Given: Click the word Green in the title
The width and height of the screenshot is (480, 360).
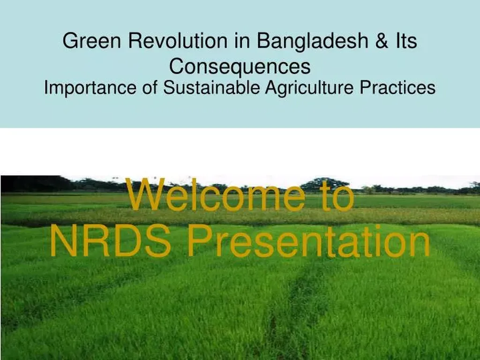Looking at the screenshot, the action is click(x=91, y=41).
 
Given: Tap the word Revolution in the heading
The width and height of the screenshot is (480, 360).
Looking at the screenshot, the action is click(x=178, y=41).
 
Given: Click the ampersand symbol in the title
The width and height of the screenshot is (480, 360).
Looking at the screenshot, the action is click(x=382, y=41).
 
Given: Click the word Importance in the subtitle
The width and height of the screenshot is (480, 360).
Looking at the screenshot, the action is click(x=90, y=88).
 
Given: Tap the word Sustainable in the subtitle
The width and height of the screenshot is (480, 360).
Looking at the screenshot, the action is click(x=211, y=87).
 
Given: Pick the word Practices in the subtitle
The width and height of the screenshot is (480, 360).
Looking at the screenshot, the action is click(x=397, y=87).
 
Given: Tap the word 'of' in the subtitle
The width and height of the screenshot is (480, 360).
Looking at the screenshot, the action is click(x=150, y=87).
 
